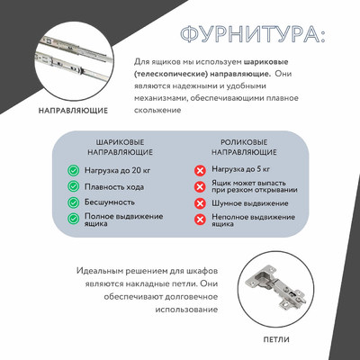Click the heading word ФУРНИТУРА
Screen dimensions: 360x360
[251, 35]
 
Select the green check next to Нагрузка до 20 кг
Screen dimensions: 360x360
[74, 170]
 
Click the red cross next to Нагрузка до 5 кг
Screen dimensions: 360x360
[200, 170]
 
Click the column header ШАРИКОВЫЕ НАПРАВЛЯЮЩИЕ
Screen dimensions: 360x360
[119, 148]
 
